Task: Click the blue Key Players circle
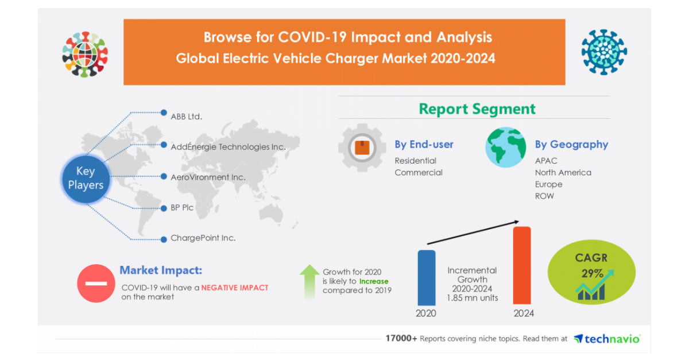click(x=86, y=179)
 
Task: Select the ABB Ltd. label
click(x=187, y=116)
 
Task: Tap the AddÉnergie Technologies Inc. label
click(x=228, y=146)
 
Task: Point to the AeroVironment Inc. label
click(x=208, y=177)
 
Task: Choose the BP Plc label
click(x=182, y=207)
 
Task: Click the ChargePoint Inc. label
click(x=203, y=238)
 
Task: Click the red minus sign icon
click(x=96, y=283)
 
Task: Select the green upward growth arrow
click(x=309, y=281)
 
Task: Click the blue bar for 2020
click(x=426, y=277)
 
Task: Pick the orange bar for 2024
click(x=521, y=265)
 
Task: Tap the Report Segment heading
click(x=477, y=109)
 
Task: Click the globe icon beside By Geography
click(x=505, y=148)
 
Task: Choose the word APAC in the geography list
click(x=546, y=161)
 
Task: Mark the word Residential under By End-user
click(x=415, y=161)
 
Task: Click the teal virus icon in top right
click(x=604, y=52)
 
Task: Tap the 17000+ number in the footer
click(x=401, y=339)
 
